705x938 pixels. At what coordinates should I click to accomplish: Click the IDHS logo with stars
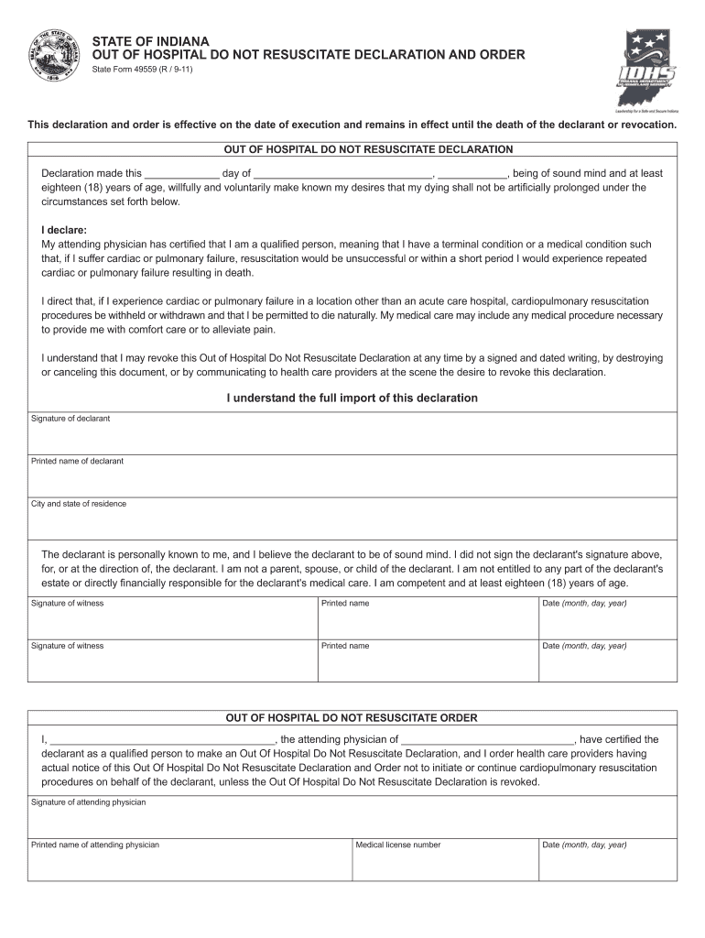649,68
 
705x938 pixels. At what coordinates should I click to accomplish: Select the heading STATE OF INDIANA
150,42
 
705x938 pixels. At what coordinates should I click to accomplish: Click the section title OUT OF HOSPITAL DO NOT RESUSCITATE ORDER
352,718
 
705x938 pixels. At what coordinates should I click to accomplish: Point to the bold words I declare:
64,231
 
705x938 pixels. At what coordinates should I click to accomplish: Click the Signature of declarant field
352,435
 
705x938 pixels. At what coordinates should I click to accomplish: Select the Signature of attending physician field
352,819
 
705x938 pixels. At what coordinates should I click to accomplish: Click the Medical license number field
444,862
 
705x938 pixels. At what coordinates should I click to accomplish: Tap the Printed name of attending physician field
190,862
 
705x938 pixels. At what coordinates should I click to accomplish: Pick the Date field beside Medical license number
607,862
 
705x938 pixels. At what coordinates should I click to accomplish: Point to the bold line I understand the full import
352,398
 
